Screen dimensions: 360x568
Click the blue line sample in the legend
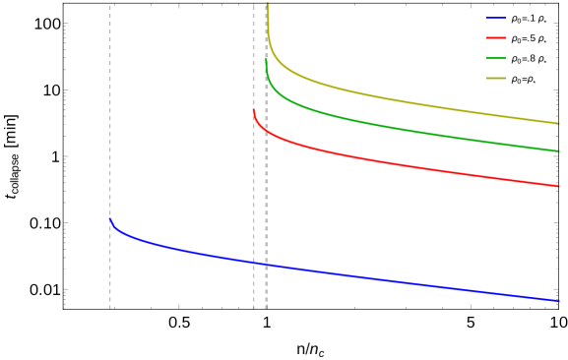pos(496,18)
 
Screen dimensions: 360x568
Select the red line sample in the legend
pos(496,37)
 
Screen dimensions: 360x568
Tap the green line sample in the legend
pos(496,58)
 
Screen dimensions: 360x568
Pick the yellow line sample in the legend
pos(496,78)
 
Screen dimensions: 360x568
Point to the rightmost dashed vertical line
pos(266,197)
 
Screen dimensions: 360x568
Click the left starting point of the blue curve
pos(110,218)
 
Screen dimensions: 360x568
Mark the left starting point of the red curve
pos(254,109)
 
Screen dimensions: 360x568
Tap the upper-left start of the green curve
pos(266,55)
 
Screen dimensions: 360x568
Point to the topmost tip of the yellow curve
pos(268,5)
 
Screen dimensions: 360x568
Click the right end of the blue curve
pos(559,301)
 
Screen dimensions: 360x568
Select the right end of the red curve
pos(559,186)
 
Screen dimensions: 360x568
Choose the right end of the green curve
pos(559,151)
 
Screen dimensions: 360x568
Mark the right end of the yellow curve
pos(559,123)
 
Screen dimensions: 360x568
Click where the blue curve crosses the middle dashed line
pos(254,263)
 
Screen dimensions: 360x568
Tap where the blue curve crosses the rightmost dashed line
pos(266,265)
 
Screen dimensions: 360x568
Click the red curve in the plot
pos(394,162)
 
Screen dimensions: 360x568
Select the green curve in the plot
pos(394,128)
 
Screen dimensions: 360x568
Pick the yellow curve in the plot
pos(394,99)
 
